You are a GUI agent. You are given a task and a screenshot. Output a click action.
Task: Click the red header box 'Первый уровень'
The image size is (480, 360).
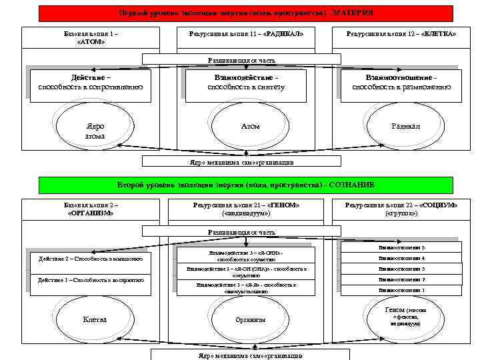[245, 13]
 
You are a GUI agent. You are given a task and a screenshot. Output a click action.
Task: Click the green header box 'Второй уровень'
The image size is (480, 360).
[245, 185]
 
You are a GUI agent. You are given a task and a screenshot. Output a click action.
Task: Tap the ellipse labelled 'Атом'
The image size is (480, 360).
[250, 127]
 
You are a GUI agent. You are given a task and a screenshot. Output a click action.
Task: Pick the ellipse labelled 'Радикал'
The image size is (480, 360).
[406, 127]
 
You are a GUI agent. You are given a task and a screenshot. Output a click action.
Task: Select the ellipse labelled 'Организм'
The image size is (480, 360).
[250, 319]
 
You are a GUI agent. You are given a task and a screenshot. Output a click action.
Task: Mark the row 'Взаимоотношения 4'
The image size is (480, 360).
[401, 258]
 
